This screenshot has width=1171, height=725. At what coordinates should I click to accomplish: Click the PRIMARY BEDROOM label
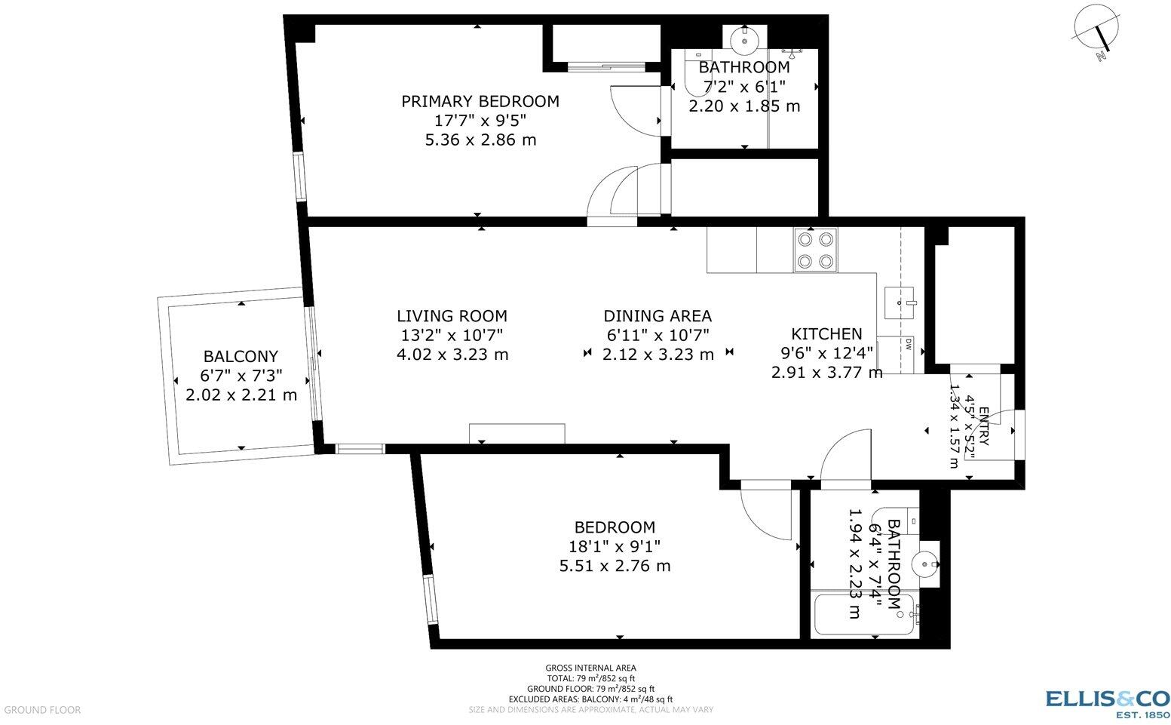(x=480, y=101)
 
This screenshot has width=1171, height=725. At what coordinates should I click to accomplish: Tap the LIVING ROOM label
(x=452, y=316)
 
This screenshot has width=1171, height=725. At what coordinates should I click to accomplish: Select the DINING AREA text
(x=657, y=316)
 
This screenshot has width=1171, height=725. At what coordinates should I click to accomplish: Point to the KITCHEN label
(x=826, y=334)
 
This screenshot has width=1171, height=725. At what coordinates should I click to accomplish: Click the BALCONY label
(x=241, y=356)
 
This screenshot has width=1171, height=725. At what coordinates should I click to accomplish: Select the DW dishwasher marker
(x=908, y=346)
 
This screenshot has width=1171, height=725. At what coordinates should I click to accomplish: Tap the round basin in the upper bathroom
(x=743, y=38)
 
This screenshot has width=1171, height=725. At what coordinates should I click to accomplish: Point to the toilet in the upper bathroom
(x=690, y=72)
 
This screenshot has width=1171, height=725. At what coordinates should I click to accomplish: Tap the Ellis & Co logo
(x=1107, y=702)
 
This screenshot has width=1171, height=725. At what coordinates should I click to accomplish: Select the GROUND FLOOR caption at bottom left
(x=41, y=710)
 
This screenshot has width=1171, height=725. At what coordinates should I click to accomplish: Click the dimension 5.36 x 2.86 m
(x=480, y=140)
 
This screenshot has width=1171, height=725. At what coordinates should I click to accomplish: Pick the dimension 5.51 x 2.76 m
(x=615, y=566)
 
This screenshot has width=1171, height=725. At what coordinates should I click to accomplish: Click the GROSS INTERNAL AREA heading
(x=590, y=668)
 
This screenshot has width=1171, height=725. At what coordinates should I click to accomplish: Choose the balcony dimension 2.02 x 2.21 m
(x=241, y=395)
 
